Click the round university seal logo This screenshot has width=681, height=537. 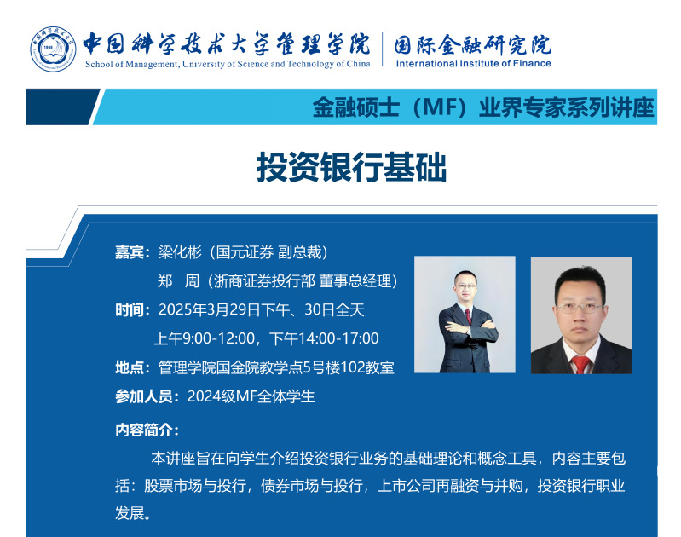(53, 49)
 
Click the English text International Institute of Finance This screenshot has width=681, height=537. (473, 63)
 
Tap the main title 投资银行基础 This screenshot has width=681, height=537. (351, 167)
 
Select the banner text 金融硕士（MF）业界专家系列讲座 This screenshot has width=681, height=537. (483, 107)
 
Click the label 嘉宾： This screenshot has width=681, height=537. (133, 252)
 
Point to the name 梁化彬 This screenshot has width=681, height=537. (180, 252)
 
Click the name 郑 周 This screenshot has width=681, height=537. (178, 281)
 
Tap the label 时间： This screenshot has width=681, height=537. (133, 310)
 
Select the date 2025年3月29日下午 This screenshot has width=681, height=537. (223, 310)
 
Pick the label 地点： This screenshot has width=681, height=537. (133, 367)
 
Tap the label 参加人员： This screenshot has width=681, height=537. (147, 396)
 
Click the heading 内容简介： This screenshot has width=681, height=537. (147, 430)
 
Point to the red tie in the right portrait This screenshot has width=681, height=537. (580, 365)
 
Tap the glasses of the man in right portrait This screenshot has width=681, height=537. (580, 308)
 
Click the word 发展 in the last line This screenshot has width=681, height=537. (130, 513)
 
